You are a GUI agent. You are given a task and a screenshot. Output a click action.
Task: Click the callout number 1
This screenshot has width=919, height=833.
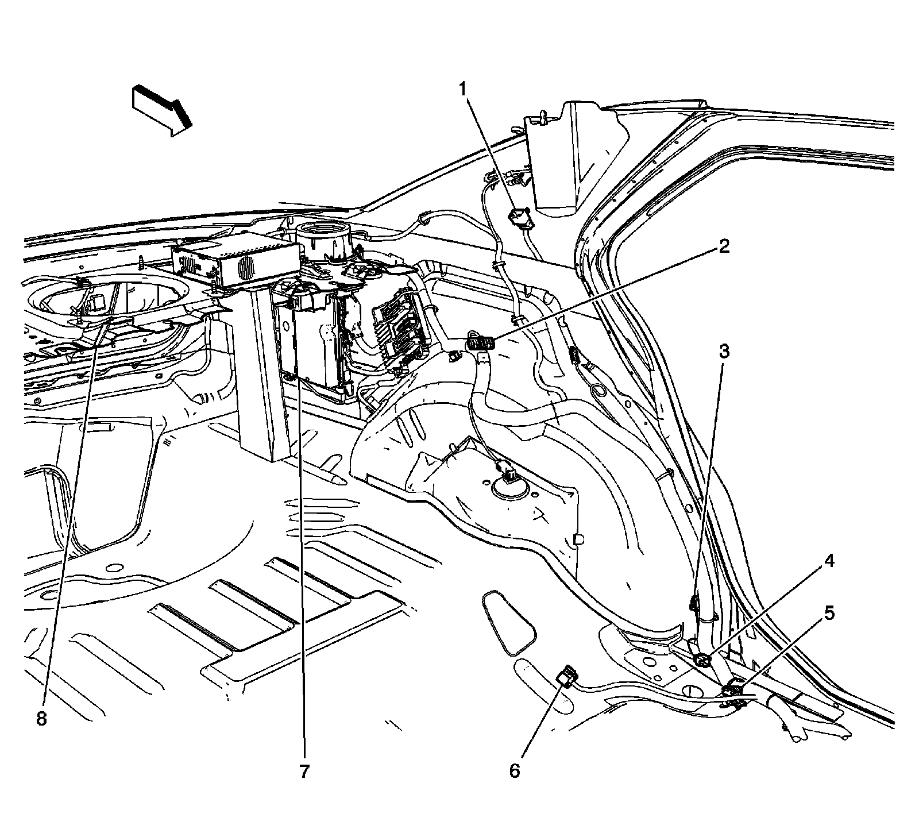tap(462, 90)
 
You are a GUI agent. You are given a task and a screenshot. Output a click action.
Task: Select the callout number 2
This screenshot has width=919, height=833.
tap(724, 247)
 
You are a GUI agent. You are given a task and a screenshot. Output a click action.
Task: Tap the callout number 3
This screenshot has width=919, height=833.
tap(724, 351)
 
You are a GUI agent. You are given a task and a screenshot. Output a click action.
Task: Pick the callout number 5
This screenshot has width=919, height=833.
tap(829, 614)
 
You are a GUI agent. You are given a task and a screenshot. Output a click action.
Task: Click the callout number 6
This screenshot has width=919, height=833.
tap(515, 770)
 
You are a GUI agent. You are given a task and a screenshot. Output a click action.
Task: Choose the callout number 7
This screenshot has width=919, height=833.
tap(304, 771)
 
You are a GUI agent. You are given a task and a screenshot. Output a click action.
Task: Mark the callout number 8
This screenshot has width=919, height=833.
tap(41, 719)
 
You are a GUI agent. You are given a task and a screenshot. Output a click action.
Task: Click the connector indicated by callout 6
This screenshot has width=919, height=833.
tap(567, 676)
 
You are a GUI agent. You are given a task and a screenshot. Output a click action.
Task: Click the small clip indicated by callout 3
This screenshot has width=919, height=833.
tap(694, 604)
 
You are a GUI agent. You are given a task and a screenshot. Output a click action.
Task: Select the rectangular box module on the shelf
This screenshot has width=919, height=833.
tap(235, 263)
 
